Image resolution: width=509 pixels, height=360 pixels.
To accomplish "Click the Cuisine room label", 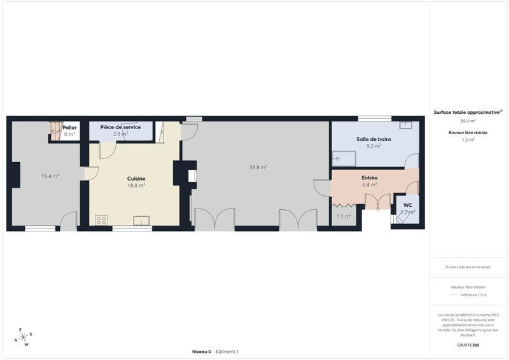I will click(x=136, y=179).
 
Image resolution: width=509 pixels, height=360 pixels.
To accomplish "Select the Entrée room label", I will click(x=370, y=177).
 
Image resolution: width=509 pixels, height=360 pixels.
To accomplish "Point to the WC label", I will click(x=408, y=205).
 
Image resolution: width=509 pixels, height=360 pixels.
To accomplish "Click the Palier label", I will click(x=69, y=128).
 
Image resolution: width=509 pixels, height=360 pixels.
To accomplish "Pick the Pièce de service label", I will click(x=120, y=127).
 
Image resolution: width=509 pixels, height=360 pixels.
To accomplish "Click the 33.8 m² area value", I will click(x=258, y=168).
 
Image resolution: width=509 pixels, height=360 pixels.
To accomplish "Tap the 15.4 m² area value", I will click(x=50, y=176).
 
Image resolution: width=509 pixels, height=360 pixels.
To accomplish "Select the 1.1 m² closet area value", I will click(x=344, y=216).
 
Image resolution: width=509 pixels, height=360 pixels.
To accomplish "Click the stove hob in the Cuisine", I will click(x=101, y=220).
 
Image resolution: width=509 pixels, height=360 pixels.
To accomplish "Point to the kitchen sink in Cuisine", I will click(x=141, y=221).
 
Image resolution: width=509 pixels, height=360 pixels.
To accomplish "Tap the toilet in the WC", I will click(x=403, y=216).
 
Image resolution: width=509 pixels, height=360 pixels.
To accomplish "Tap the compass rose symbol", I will click(x=24, y=338).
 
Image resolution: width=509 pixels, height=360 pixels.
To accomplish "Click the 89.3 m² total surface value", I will click(x=468, y=120).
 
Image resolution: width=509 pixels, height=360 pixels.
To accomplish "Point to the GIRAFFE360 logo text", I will click(x=468, y=344).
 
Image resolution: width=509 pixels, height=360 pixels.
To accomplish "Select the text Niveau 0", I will click(x=202, y=352).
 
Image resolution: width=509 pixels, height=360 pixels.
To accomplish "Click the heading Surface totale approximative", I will click(x=467, y=112).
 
